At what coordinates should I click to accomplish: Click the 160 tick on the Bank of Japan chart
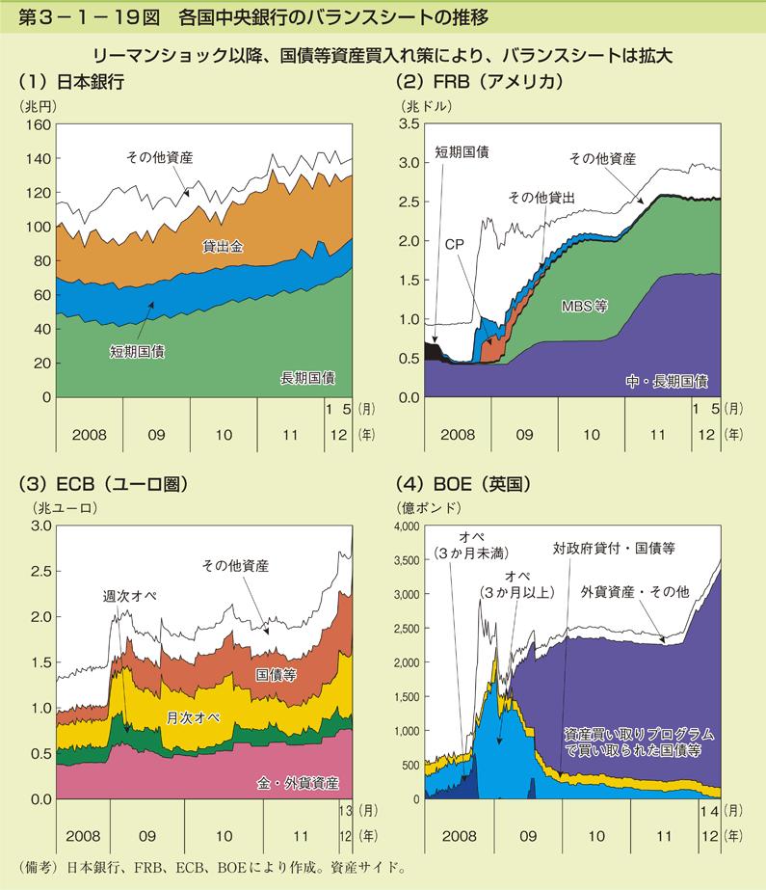click(x=38, y=124)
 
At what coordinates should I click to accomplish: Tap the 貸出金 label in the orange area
click(x=222, y=246)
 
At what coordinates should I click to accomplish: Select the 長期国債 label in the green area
click(x=306, y=376)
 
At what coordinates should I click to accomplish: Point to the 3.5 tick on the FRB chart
click(x=407, y=124)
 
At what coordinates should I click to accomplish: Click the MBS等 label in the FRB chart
click(x=584, y=308)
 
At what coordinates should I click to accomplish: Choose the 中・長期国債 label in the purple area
click(x=666, y=380)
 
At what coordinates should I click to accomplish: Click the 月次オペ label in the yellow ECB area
click(x=193, y=718)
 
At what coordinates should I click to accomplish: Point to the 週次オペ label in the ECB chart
click(x=129, y=596)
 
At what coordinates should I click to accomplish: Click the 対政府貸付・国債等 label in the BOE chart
click(x=614, y=548)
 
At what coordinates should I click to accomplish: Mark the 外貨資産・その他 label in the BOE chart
click(x=634, y=589)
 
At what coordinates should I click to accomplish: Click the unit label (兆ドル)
click(x=420, y=105)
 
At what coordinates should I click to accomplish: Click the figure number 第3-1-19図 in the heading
click(x=81, y=16)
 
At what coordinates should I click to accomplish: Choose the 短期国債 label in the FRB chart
click(x=462, y=151)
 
